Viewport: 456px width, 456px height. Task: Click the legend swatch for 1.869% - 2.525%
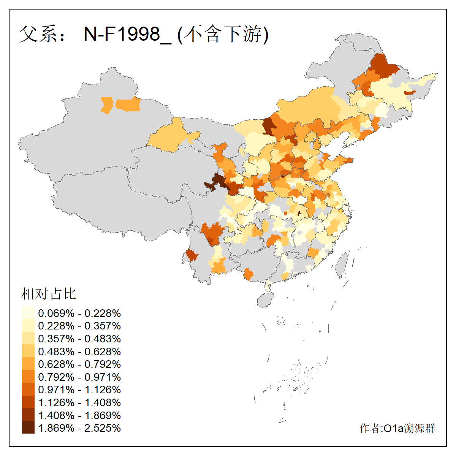(x=28, y=428)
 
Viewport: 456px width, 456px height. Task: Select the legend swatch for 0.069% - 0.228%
(x=28, y=313)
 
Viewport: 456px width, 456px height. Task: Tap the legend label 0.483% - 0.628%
(x=79, y=351)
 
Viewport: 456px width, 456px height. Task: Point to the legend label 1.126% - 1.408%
(x=79, y=402)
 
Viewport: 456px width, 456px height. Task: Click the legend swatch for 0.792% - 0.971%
(x=28, y=377)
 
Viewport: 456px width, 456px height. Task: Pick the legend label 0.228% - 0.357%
(x=79, y=326)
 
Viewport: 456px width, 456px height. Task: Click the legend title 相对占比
(x=49, y=294)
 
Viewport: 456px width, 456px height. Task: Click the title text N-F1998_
(x=127, y=34)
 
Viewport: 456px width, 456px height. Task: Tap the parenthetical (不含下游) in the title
(x=223, y=34)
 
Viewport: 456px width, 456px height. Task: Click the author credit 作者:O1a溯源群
(x=397, y=428)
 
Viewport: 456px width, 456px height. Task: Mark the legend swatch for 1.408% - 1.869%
(x=28, y=415)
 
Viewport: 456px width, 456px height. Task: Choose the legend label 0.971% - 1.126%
(x=79, y=390)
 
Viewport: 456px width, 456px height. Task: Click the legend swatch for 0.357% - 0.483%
(x=28, y=339)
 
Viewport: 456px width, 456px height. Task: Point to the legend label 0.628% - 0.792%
(x=79, y=364)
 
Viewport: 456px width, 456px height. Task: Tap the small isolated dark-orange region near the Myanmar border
(x=192, y=255)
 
